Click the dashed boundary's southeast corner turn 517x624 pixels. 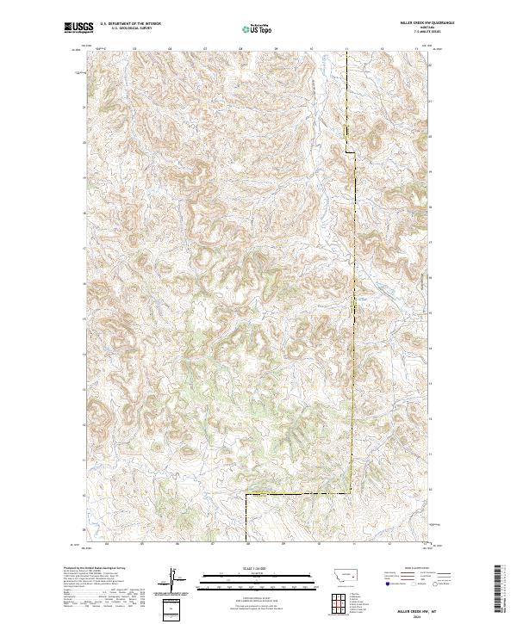click(352, 494)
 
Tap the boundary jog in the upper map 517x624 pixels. click(351, 151)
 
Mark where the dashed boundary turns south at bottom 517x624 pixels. click(246, 495)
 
